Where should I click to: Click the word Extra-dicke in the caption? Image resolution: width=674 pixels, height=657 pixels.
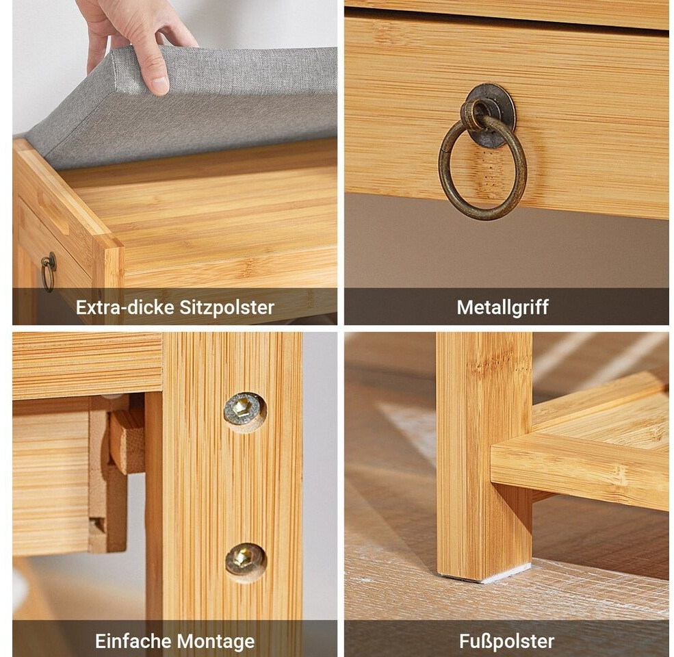click(125, 307)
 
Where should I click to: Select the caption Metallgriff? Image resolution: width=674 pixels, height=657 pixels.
click(502, 307)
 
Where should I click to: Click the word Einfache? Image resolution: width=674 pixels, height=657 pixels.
click(132, 641)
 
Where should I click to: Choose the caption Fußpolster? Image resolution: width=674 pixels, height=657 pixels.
click(507, 641)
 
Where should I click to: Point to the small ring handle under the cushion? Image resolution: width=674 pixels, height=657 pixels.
click(48, 271)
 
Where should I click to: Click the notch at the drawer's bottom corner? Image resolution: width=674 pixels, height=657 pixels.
click(96, 524)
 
